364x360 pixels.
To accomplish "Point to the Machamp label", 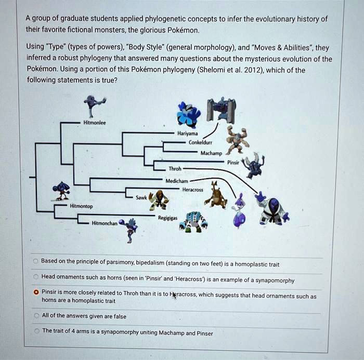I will (x=211, y=153).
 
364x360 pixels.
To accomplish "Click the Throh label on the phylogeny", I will (x=175, y=169).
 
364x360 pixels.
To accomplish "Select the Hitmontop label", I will (x=82, y=206).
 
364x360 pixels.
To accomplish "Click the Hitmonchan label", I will (x=104, y=223).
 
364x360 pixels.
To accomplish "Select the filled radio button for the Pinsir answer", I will (x=35, y=292).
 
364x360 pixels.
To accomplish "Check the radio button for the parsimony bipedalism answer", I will (x=35, y=261).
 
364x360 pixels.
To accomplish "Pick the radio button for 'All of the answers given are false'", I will (x=35, y=315).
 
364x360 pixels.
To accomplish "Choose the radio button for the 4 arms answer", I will (x=35, y=331).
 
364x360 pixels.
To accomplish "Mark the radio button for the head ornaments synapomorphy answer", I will (x=35, y=276).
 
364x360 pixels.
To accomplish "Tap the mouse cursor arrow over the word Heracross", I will (x=173, y=294).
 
